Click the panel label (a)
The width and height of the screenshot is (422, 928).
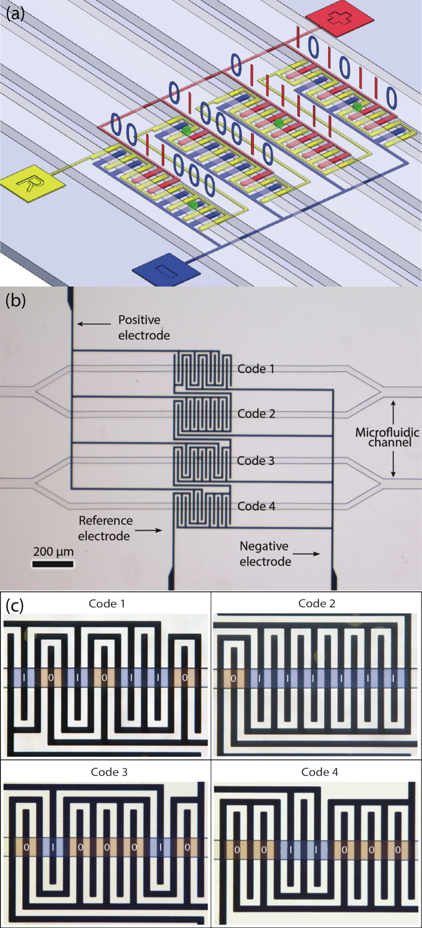pos(15,14)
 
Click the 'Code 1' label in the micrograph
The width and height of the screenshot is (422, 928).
pos(256,369)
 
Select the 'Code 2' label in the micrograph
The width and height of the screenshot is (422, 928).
pos(256,413)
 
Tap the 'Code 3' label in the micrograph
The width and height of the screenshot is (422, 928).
pos(256,461)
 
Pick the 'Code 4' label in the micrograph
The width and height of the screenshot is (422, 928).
pos(256,506)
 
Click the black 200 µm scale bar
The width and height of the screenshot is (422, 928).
pos(53,564)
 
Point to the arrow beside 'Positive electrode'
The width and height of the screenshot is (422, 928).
pos(94,324)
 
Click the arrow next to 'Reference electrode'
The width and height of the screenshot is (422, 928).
pos(148,530)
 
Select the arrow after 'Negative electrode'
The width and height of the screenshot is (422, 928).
pos(306,554)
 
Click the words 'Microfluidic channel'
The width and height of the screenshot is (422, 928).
pos(387,437)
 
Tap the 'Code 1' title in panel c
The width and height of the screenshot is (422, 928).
pos(107,604)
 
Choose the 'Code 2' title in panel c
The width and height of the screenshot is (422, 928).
pos(316,604)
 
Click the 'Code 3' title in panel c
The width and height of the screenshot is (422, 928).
pos(109,772)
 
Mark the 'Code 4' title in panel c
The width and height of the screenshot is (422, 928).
pos(319,772)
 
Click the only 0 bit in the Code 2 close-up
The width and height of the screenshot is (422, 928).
pos(233,679)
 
